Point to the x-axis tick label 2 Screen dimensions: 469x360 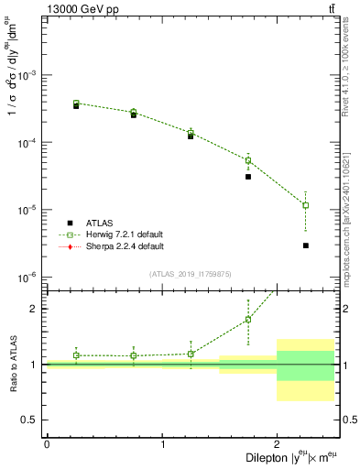[277, 444]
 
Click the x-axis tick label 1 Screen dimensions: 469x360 [162, 444]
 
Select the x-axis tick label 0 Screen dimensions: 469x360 [47, 444]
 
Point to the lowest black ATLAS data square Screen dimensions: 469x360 [305, 245]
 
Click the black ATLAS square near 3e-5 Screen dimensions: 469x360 [248, 177]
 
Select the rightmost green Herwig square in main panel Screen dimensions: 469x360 [305, 205]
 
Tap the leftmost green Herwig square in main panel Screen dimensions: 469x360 [76, 104]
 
